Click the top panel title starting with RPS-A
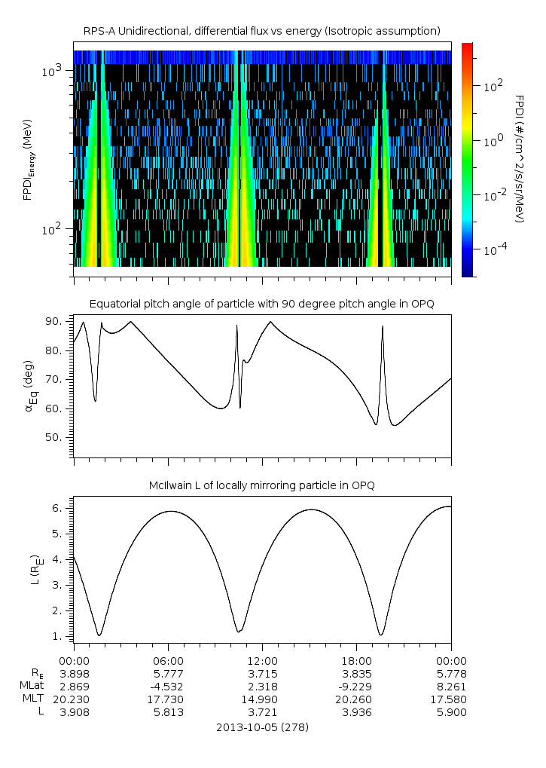[261, 30]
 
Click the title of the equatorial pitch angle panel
[261, 304]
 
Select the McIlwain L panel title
[261, 485]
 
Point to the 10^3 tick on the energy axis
[53, 71]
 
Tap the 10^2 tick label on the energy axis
[53, 229]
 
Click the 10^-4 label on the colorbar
[493, 249]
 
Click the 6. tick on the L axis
[61, 508]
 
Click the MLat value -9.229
[356, 686]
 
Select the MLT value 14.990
[262, 699]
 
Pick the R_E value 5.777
[168, 672]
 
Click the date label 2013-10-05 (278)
[262, 727]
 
